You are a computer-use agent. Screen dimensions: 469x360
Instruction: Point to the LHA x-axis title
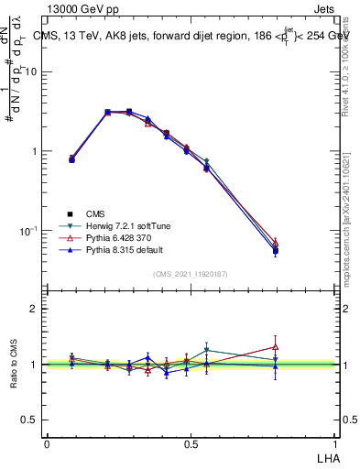tap(326, 456)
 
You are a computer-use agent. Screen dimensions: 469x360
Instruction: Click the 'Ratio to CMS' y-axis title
tap(13, 364)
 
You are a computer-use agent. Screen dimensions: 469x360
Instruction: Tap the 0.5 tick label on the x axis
tap(191, 443)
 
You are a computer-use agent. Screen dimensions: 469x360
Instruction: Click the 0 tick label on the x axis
tap(47, 443)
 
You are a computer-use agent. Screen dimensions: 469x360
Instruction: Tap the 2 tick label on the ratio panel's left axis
tap(35, 309)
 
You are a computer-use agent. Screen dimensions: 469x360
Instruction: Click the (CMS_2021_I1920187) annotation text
tap(191, 273)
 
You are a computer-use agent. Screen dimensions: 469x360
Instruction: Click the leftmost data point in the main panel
tap(72, 158)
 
